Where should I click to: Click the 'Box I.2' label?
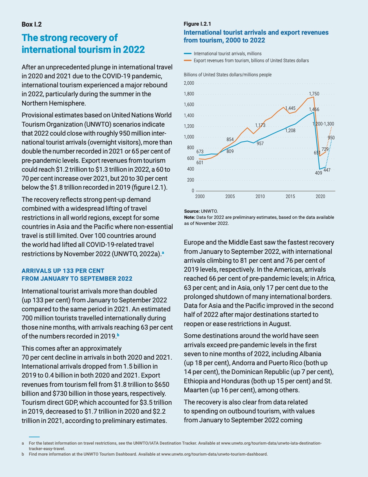point(32,24)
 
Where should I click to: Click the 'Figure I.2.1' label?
point(197,24)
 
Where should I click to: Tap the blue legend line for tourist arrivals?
point(188,53)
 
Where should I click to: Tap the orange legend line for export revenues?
point(188,60)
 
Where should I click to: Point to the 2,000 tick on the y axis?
point(189,83)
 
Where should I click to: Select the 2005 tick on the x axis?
point(230,197)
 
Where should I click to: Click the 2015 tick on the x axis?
point(290,197)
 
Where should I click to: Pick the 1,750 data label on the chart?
point(314,94)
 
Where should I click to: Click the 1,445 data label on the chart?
point(290,108)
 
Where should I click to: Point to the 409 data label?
point(318,173)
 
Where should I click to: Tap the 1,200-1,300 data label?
point(323,124)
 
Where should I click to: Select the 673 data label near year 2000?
point(200,151)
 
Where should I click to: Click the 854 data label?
point(230,139)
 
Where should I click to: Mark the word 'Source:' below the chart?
point(192,211)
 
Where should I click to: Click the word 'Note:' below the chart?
point(190,217)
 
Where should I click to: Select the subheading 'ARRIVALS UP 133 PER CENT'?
point(63,271)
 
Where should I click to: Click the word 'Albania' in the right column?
point(310,354)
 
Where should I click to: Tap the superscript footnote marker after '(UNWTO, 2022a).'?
point(163,253)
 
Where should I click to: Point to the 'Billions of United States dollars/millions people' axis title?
point(228,75)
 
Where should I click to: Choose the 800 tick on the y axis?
point(190,148)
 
